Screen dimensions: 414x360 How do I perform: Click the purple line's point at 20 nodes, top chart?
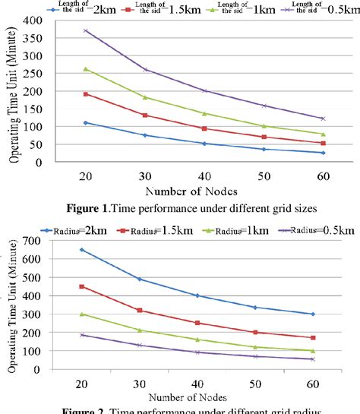pyautogui.click(x=86, y=31)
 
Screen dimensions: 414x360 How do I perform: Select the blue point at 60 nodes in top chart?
pyautogui.click(x=323, y=153)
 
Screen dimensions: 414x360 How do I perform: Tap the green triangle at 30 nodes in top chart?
pyautogui.click(x=145, y=97)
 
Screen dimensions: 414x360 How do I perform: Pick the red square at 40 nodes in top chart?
pyautogui.click(x=204, y=128)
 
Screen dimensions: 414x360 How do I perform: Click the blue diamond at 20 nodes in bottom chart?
pyautogui.click(x=82, y=250)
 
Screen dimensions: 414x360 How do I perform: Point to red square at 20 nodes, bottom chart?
pyautogui.click(x=82, y=286)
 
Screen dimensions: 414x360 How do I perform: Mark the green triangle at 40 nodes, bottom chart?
pyautogui.click(x=197, y=340)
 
